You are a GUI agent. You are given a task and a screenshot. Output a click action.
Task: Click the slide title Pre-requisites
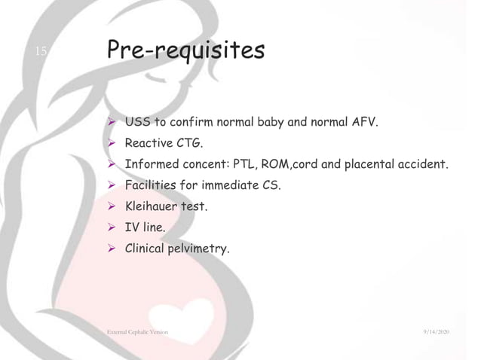click(x=185, y=51)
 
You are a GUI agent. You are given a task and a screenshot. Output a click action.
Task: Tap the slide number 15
click(x=41, y=51)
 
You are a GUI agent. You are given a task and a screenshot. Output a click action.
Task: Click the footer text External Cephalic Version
click(x=138, y=332)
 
